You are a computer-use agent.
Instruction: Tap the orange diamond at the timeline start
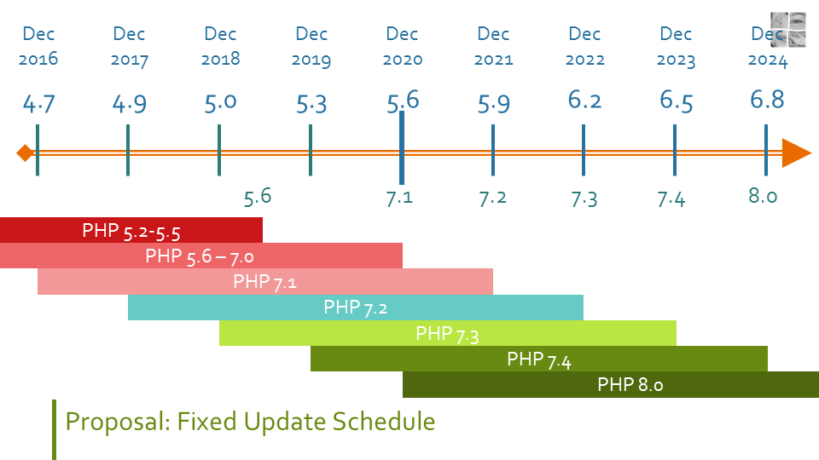25,153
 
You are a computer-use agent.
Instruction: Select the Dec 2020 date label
402,47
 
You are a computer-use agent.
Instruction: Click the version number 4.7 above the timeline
38,104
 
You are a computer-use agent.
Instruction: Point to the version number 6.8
767,99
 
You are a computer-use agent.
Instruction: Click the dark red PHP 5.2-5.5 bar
131,230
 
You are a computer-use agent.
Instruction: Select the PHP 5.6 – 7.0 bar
200,256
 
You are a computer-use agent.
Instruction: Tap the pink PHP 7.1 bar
265,282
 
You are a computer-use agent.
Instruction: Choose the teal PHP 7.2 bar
356,308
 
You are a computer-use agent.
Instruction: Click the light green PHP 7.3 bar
447,333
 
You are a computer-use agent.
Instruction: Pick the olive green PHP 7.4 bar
538,359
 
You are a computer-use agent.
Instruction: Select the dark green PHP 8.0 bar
630,384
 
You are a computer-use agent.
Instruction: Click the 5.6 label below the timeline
257,197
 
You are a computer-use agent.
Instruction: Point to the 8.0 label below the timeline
763,196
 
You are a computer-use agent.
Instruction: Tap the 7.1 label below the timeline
399,198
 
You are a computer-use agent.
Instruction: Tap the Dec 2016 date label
38,47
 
